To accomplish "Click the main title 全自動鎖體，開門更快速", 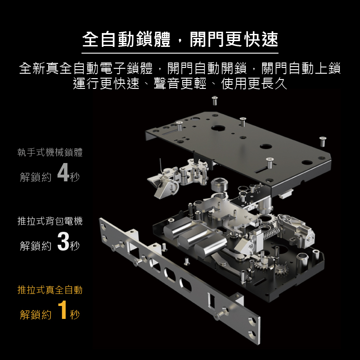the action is (x=180, y=39).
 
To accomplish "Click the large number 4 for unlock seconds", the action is (x=63, y=172).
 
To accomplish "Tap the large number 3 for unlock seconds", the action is (x=63, y=241).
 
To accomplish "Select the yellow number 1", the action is (x=63, y=310).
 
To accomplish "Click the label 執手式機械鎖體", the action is (x=50, y=152).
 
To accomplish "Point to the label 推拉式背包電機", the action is (x=50, y=221).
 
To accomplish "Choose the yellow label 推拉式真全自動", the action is (x=50, y=290).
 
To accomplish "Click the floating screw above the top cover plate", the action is (x=215, y=100).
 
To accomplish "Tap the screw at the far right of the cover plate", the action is (x=322, y=141).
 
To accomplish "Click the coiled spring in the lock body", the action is (x=271, y=234).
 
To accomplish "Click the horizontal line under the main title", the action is (x=180, y=53).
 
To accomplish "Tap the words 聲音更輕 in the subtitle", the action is (x=180, y=83).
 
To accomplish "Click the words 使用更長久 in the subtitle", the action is (x=254, y=83).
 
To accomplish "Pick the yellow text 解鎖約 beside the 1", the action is (x=36, y=314).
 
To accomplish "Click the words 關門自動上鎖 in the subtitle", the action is (x=301, y=68).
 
